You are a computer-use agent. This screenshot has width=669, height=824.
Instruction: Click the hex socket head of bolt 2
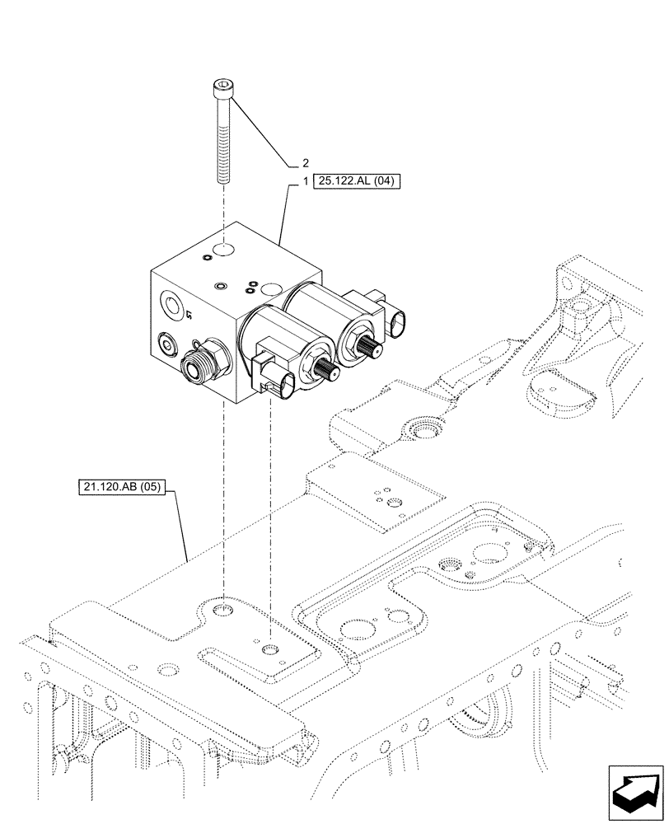(x=222, y=86)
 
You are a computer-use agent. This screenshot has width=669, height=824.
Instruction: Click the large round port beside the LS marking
(x=171, y=307)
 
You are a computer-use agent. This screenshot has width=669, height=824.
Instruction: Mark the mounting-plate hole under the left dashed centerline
(x=223, y=609)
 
